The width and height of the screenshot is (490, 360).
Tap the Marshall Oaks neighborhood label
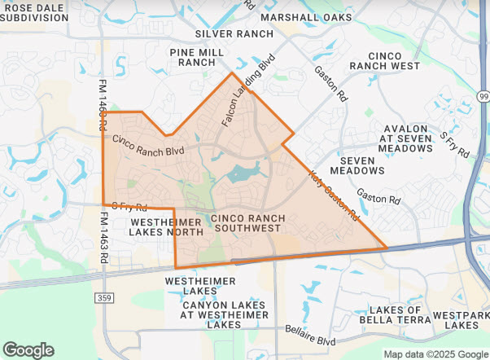pos(308,16)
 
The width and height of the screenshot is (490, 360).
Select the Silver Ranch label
pos(234,33)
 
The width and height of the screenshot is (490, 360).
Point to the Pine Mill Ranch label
pos(197,56)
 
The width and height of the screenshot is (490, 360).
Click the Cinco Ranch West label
pos(383,59)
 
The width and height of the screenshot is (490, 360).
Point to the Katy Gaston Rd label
pos(333,196)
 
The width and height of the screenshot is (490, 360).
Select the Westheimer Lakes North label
pos(166,226)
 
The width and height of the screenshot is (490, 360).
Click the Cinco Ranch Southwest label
pos(247,223)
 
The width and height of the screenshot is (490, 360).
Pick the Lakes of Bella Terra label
pos(396,315)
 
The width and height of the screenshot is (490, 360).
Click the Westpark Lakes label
pos(461,319)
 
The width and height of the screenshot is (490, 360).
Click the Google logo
pos(28,350)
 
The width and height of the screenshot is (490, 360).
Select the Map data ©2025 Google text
pos(435,354)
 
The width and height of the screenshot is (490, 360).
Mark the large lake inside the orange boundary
pos(243,172)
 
